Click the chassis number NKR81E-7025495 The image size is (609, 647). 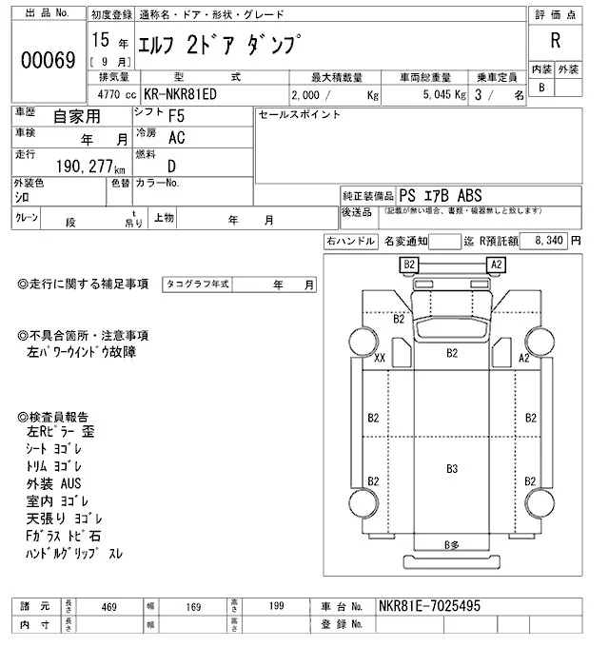430,605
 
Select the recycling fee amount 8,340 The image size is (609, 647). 550,242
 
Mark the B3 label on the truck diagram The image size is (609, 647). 452,468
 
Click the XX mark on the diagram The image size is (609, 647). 380,358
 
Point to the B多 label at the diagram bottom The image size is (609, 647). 453,544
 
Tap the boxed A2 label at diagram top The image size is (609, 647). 496,264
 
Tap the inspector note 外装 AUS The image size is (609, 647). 61,484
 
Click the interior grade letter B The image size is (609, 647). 541,88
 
